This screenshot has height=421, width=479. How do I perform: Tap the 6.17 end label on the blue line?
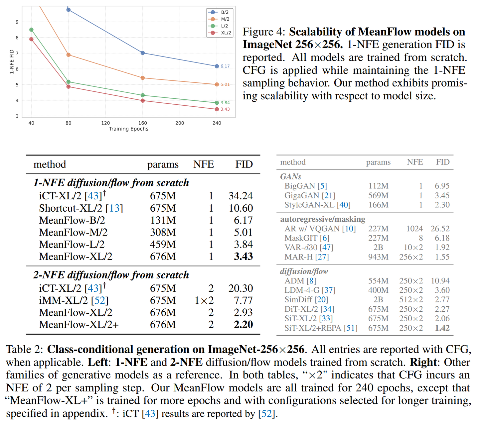pos(225,66)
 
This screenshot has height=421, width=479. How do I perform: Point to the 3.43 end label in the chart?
pos(225,109)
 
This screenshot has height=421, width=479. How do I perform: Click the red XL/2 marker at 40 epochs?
pos(31,39)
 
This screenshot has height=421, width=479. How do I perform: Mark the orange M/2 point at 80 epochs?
pos(69,55)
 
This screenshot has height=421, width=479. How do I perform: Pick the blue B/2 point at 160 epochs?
pos(143,53)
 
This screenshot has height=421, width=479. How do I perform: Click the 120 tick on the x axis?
pos(105,123)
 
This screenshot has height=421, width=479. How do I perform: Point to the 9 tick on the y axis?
pos(17,22)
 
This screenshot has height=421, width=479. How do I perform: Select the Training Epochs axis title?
pos(129,129)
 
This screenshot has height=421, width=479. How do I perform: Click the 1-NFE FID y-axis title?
pos(12,62)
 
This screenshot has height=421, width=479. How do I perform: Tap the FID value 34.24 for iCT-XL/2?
pos(240,196)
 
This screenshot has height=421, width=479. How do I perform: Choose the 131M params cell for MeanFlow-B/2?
pos(163,220)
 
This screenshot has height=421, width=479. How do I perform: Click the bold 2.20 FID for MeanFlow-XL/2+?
pos(243,324)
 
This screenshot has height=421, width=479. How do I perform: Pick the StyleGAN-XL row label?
pos(309,205)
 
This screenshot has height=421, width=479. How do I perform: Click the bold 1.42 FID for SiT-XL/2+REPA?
pos(442,328)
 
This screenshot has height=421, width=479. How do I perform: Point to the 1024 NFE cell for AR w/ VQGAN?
pos(414,229)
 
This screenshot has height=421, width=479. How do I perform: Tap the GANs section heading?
pos(291,176)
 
